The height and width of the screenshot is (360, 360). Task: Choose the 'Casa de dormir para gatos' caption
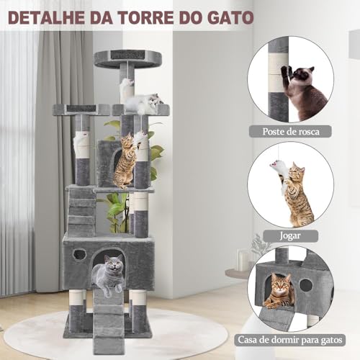coord(296,338)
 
